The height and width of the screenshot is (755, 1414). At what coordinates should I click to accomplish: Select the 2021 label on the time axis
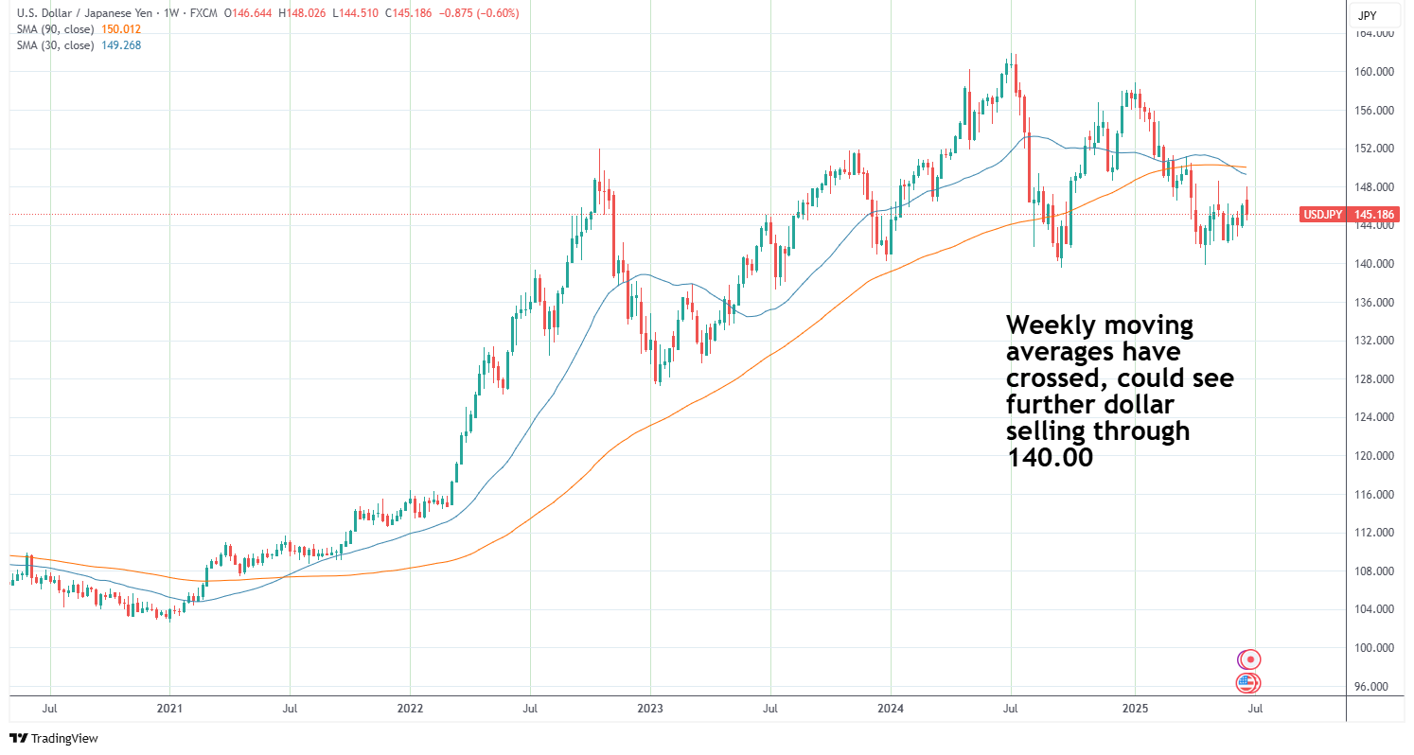pyautogui.click(x=169, y=707)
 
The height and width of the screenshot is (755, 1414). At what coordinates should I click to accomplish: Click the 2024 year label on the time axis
pyautogui.click(x=890, y=707)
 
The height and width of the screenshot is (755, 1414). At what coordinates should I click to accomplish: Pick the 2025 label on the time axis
pyautogui.click(x=1135, y=707)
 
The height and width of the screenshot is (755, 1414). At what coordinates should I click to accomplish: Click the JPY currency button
pyautogui.click(x=1367, y=15)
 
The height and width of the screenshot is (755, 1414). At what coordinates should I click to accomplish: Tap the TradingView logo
pyautogui.click(x=54, y=738)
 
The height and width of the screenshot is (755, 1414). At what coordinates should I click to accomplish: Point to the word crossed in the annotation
pyautogui.click(x=1055, y=379)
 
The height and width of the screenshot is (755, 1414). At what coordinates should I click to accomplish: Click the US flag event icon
pyautogui.click(x=1248, y=683)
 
